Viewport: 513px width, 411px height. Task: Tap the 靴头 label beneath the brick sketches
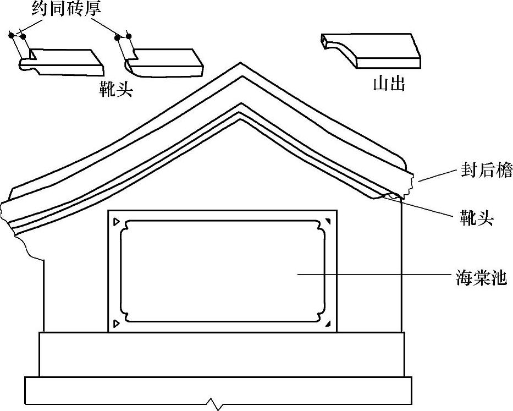[x=115, y=87]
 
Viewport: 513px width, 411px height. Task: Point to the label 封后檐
[x=486, y=171]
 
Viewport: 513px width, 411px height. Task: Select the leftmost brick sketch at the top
[x=63, y=62]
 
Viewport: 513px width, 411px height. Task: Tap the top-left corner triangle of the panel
[x=115, y=222]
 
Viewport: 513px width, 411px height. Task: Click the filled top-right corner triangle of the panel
[x=328, y=221]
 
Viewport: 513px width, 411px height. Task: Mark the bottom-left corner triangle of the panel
[x=115, y=323]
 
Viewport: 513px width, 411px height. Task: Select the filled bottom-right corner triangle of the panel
[x=328, y=324]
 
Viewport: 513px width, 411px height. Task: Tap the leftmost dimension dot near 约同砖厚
[x=11, y=36]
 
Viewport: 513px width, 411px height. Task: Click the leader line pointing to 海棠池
[x=374, y=273]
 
